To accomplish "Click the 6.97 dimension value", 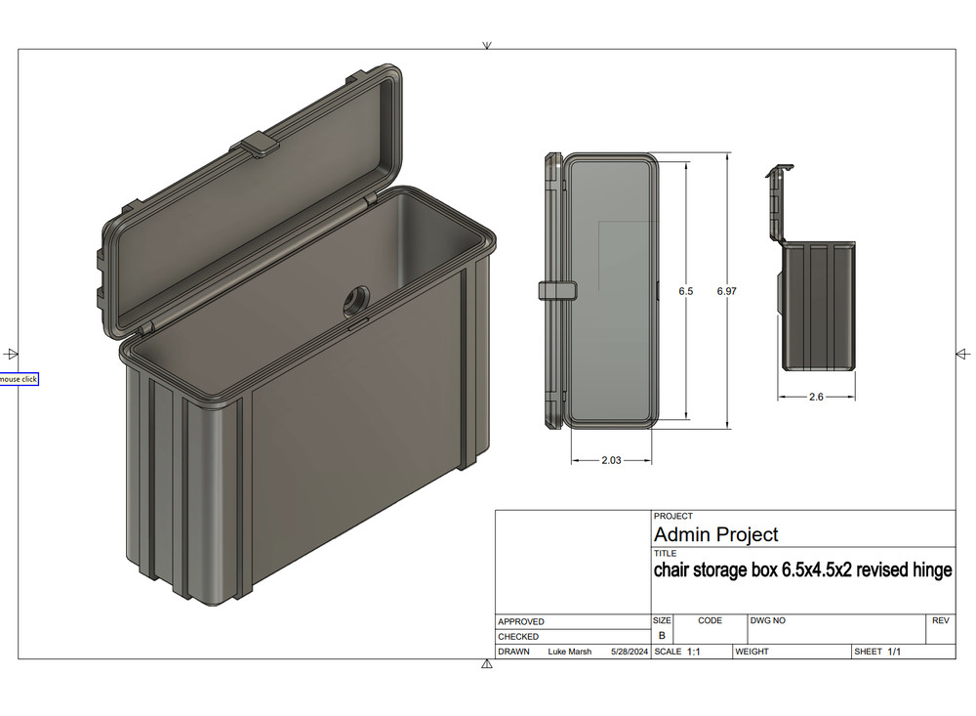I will coord(726,292).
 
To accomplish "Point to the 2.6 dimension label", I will coord(817,398).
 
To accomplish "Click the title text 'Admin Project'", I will coord(715,534).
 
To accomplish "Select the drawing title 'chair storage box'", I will coord(802,570).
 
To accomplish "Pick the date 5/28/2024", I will coord(630,652).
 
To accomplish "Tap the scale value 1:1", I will coord(694,652).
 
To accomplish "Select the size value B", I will coord(662,636).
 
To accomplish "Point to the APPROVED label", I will coord(521,622).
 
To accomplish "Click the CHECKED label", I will coord(518,637).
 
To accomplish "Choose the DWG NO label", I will coord(768,620).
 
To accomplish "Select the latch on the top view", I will coord(554,291).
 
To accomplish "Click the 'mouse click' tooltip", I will coord(19,379).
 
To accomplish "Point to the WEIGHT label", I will coord(753,652).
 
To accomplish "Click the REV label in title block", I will coord(940,620).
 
